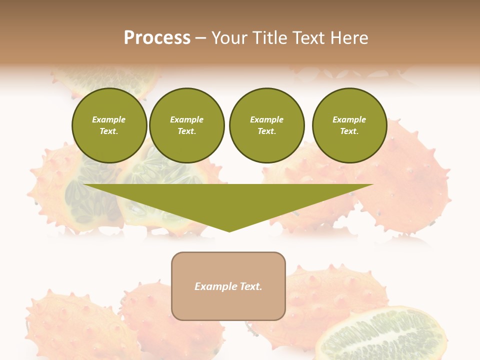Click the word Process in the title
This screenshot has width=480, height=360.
click(x=157, y=38)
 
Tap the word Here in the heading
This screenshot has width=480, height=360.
click(x=349, y=38)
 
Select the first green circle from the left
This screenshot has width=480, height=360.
click(x=109, y=125)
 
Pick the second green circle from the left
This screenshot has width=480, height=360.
click(x=186, y=125)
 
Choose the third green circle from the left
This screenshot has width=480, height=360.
click(x=266, y=125)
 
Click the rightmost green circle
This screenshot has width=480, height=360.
click(x=349, y=125)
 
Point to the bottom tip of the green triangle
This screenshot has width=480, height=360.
click(x=229, y=231)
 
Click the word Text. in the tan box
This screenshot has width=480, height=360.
click(x=250, y=286)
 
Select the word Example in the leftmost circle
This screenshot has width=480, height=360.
click(x=109, y=120)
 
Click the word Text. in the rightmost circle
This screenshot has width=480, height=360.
click(x=349, y=131)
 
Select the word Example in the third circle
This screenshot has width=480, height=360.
click(x=266, y=120)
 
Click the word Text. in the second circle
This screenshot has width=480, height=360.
click(x=186, y=131)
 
